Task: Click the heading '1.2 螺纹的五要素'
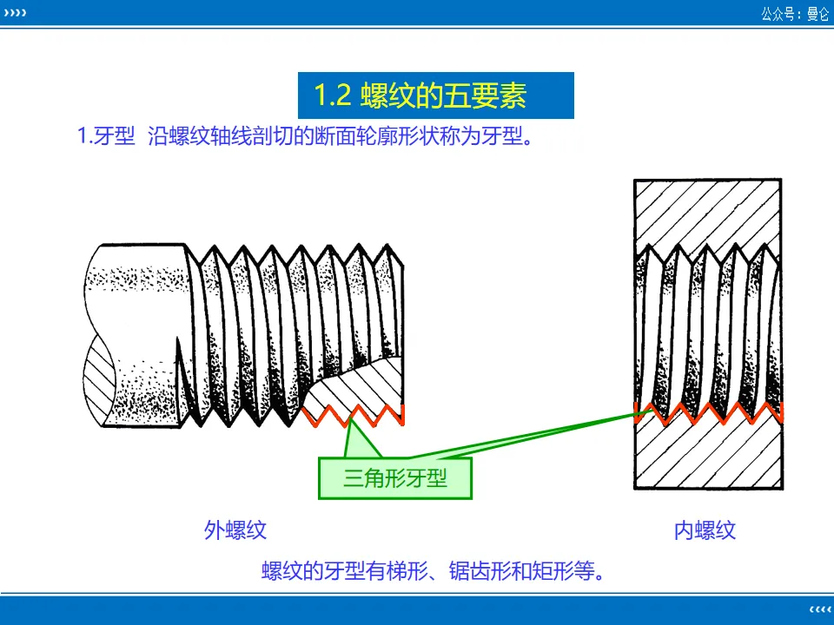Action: pos(435,95)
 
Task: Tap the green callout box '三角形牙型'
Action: pos(395,477)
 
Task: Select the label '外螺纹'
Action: pos(235,530)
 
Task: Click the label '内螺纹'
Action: pos(705,530)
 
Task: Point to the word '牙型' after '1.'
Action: pos(114,136)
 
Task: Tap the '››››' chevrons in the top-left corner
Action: pos(16,13)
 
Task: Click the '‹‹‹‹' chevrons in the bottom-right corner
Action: pos(818,609)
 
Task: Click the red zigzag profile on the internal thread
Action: pos(708,412)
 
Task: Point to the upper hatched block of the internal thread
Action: pos(707,213)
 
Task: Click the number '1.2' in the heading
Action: pos(332,95)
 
